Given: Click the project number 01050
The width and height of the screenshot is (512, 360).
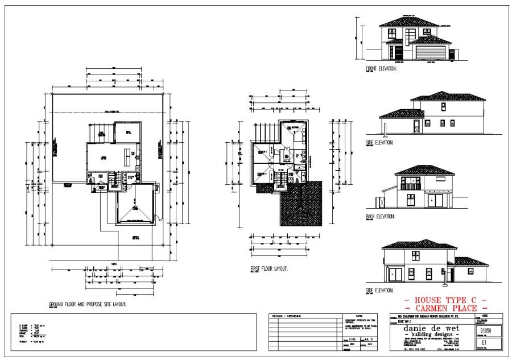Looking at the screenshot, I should (x=487, y=330).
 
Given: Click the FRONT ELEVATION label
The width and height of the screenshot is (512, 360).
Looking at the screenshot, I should (x=381, y=68).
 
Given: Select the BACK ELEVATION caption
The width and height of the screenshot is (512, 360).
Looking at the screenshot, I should (x=380, y=216).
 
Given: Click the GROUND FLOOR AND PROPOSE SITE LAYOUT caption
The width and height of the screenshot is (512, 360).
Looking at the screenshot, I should (x=88, y=304).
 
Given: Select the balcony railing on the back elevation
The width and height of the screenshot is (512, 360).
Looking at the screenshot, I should (x=410, y=185).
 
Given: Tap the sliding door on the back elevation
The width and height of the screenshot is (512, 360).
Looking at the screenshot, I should (x=436, y=201).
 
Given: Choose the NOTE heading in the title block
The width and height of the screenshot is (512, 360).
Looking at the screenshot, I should (x=358, y=316).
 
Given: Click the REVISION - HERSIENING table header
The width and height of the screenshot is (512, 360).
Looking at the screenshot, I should (x=290, y=316).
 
